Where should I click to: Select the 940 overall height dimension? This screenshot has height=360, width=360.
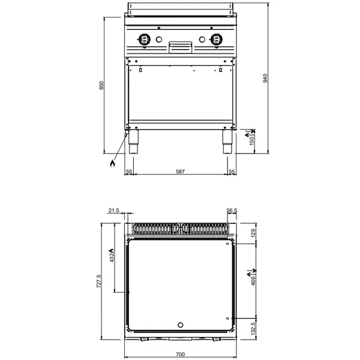click(265, 78)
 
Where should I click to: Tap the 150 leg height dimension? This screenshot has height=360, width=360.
click(252, 140)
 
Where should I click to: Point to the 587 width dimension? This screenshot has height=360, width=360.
click(180, 172)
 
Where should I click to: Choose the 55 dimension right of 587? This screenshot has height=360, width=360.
click(232, 172)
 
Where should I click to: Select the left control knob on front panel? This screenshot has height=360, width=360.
click(144, 40)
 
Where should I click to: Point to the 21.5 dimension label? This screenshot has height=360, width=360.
click(114, 210)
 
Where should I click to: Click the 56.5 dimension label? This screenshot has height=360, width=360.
click(232, 210)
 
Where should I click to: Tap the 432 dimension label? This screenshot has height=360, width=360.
click(111, 257)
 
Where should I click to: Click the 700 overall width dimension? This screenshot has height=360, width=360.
click(180, 355)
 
